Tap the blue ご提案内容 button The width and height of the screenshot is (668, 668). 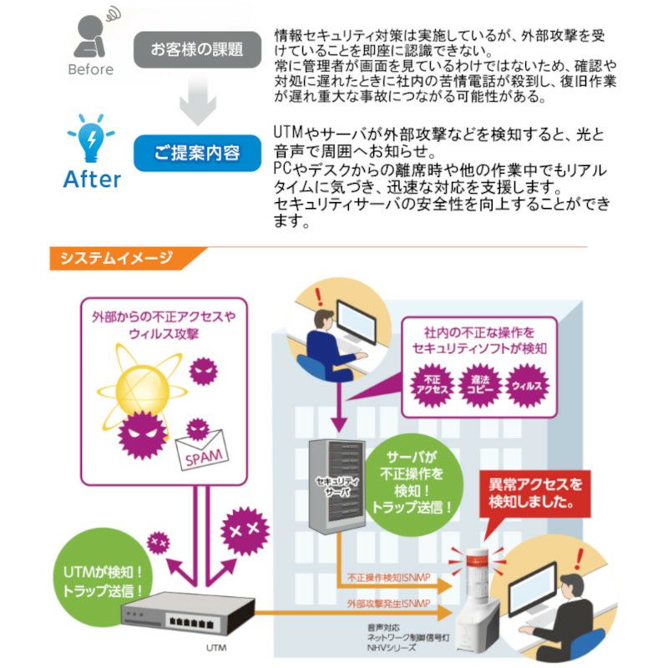[197, 153]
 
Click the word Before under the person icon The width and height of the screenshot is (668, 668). [90, 69]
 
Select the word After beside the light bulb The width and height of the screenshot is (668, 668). [92, 179]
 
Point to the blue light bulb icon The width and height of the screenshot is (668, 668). [91, 138]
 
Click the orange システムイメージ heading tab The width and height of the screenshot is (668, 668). [116, 259]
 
